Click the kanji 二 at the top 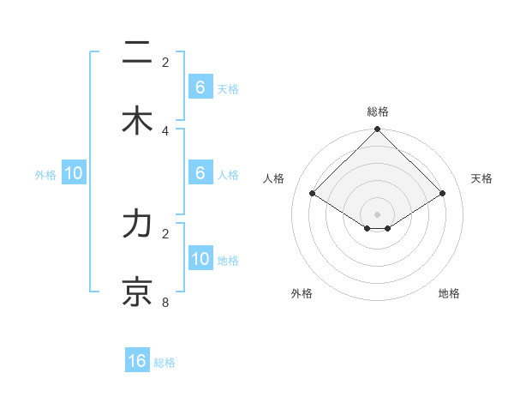[x=137, y=54]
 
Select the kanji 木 [x=137, y=121]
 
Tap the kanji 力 [x=137, y=224]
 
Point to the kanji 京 [x=137, y=292]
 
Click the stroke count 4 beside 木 [x=165, y=130]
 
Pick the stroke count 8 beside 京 [x=165, y=302]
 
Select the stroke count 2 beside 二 [x=165, y=63]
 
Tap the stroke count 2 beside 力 [x=165, y=233]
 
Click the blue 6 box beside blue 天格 [x=200, y=87]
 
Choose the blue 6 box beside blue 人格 [x=200, y=173]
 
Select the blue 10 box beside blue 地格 [x=200, y=259]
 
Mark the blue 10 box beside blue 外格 [x=74, y=173]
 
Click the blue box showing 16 [x=137, y=361]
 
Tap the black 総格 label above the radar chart [x=378, y=111]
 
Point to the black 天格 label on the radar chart [x=482, y=178]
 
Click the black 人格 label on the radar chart [x=274, y=178]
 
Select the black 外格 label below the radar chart [x=302, y=293]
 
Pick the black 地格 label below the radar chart [x=449, y=293]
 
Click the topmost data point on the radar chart [x=378, y=130]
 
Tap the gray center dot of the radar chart [x=378, y=214]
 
